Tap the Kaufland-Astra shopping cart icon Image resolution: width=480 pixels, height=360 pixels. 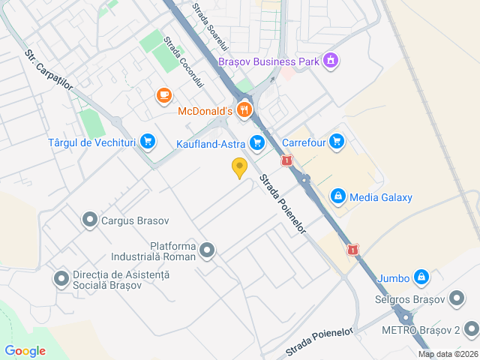tap(258, 142)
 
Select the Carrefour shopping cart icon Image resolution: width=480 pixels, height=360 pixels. tap(336, 140)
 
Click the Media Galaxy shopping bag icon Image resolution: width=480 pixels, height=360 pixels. tap(338, 196)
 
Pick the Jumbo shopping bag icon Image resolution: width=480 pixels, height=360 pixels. tap(421, 277)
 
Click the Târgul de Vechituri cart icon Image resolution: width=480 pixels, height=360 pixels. tap(148, 140)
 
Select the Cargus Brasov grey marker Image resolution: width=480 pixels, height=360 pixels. tap(90, 220)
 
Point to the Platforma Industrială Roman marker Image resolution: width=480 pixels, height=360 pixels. tap(208, 250)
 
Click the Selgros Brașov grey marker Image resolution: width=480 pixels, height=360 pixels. tap(457, 299)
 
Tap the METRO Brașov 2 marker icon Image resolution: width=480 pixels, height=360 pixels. tap(471, 328)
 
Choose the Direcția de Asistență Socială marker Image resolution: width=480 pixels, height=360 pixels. tap(61, 280)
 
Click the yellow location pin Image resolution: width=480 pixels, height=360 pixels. tap(239, 168)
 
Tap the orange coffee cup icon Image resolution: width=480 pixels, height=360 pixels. tap(163, 95)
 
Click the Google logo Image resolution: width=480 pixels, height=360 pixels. tap(25, 351)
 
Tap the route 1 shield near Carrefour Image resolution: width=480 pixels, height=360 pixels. tap(286, 160)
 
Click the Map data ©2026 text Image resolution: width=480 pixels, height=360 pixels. tap(447, 354)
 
